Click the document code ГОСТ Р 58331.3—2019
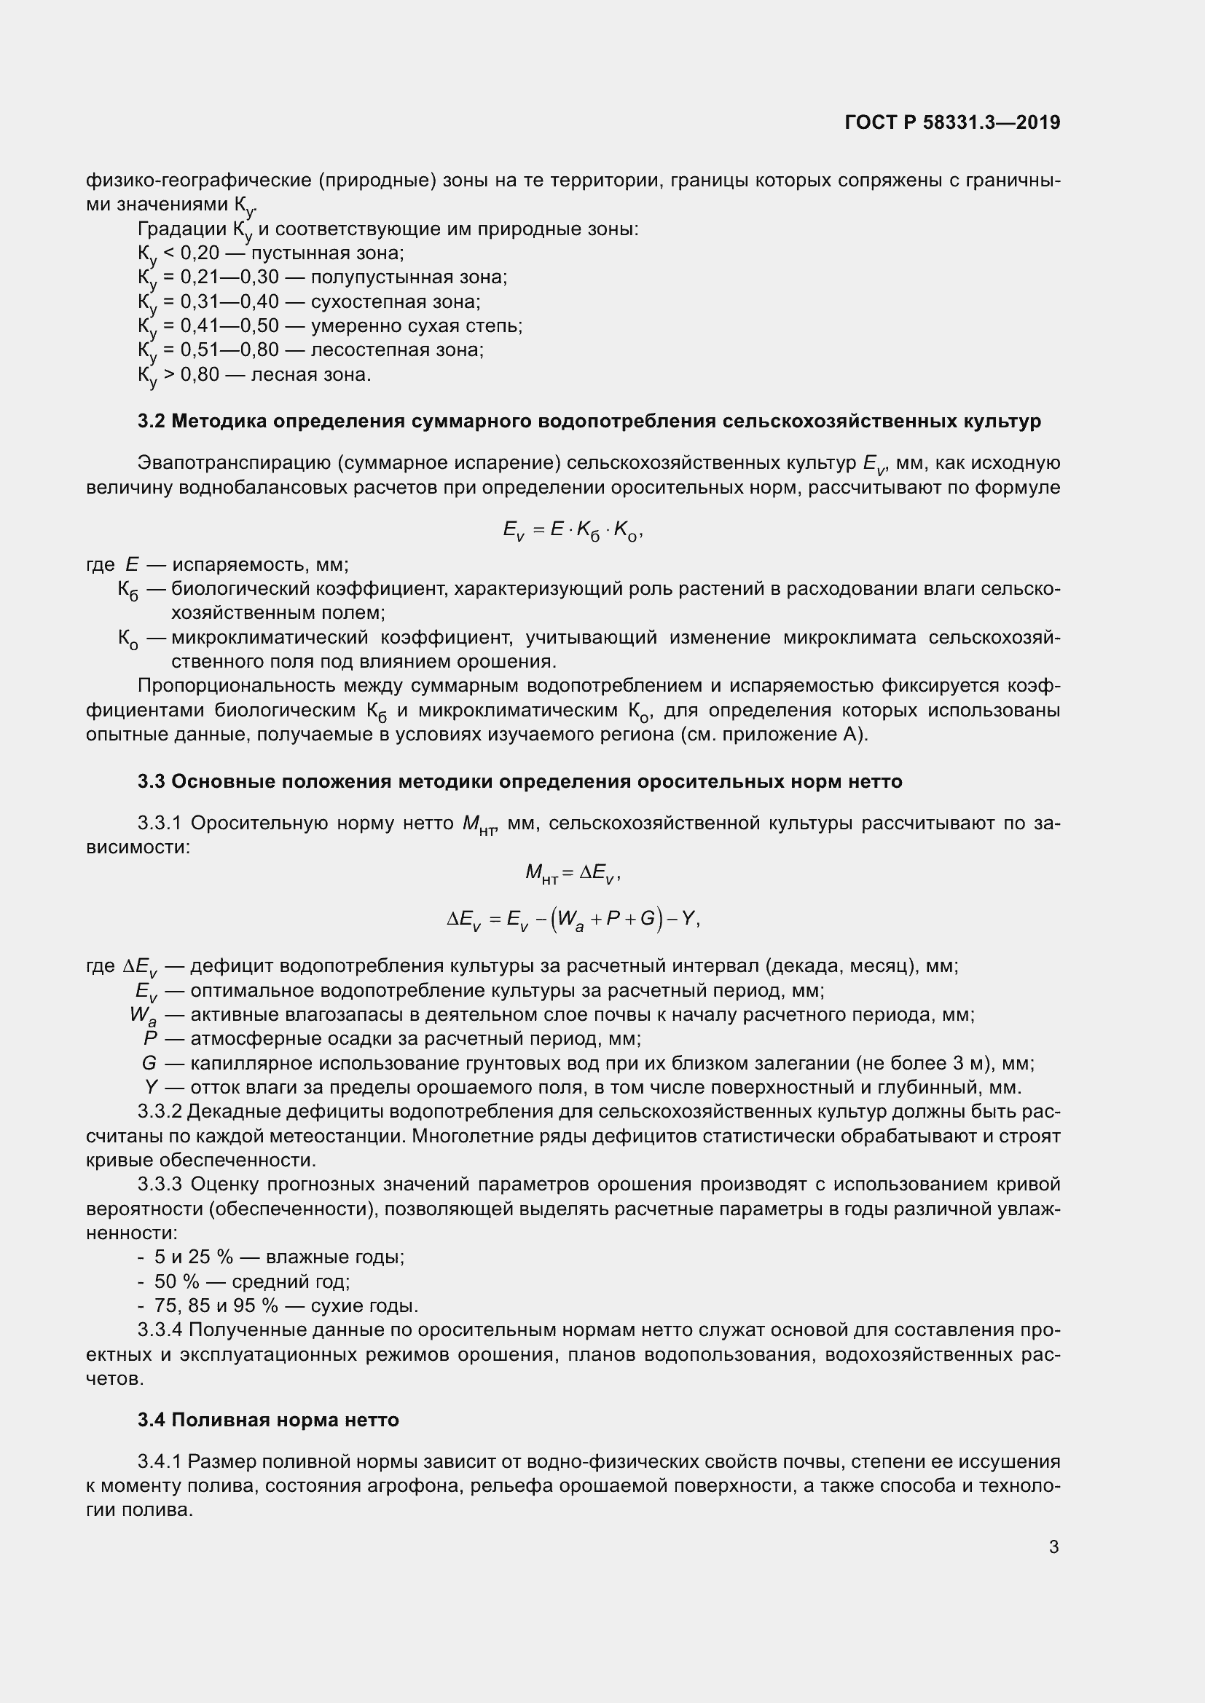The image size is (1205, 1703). [952, 122]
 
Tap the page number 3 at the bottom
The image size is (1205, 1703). [1053, 1546]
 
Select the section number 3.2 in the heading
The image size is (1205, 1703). [152, 422]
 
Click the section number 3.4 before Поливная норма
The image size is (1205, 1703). [152, 1420]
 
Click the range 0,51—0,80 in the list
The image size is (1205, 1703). [229, 349]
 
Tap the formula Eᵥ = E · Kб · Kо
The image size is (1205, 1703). [572, 530]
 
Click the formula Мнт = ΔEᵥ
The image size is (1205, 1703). [572, 873]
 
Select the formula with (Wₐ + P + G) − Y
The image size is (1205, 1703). [572, 920]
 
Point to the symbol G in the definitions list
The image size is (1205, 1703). [149, 1063]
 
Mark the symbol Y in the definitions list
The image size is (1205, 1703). [151, 1087]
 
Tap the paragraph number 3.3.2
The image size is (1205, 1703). [160, 1111]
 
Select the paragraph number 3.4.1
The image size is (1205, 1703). [160, 1461]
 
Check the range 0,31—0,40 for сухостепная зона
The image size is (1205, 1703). [229, 301]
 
